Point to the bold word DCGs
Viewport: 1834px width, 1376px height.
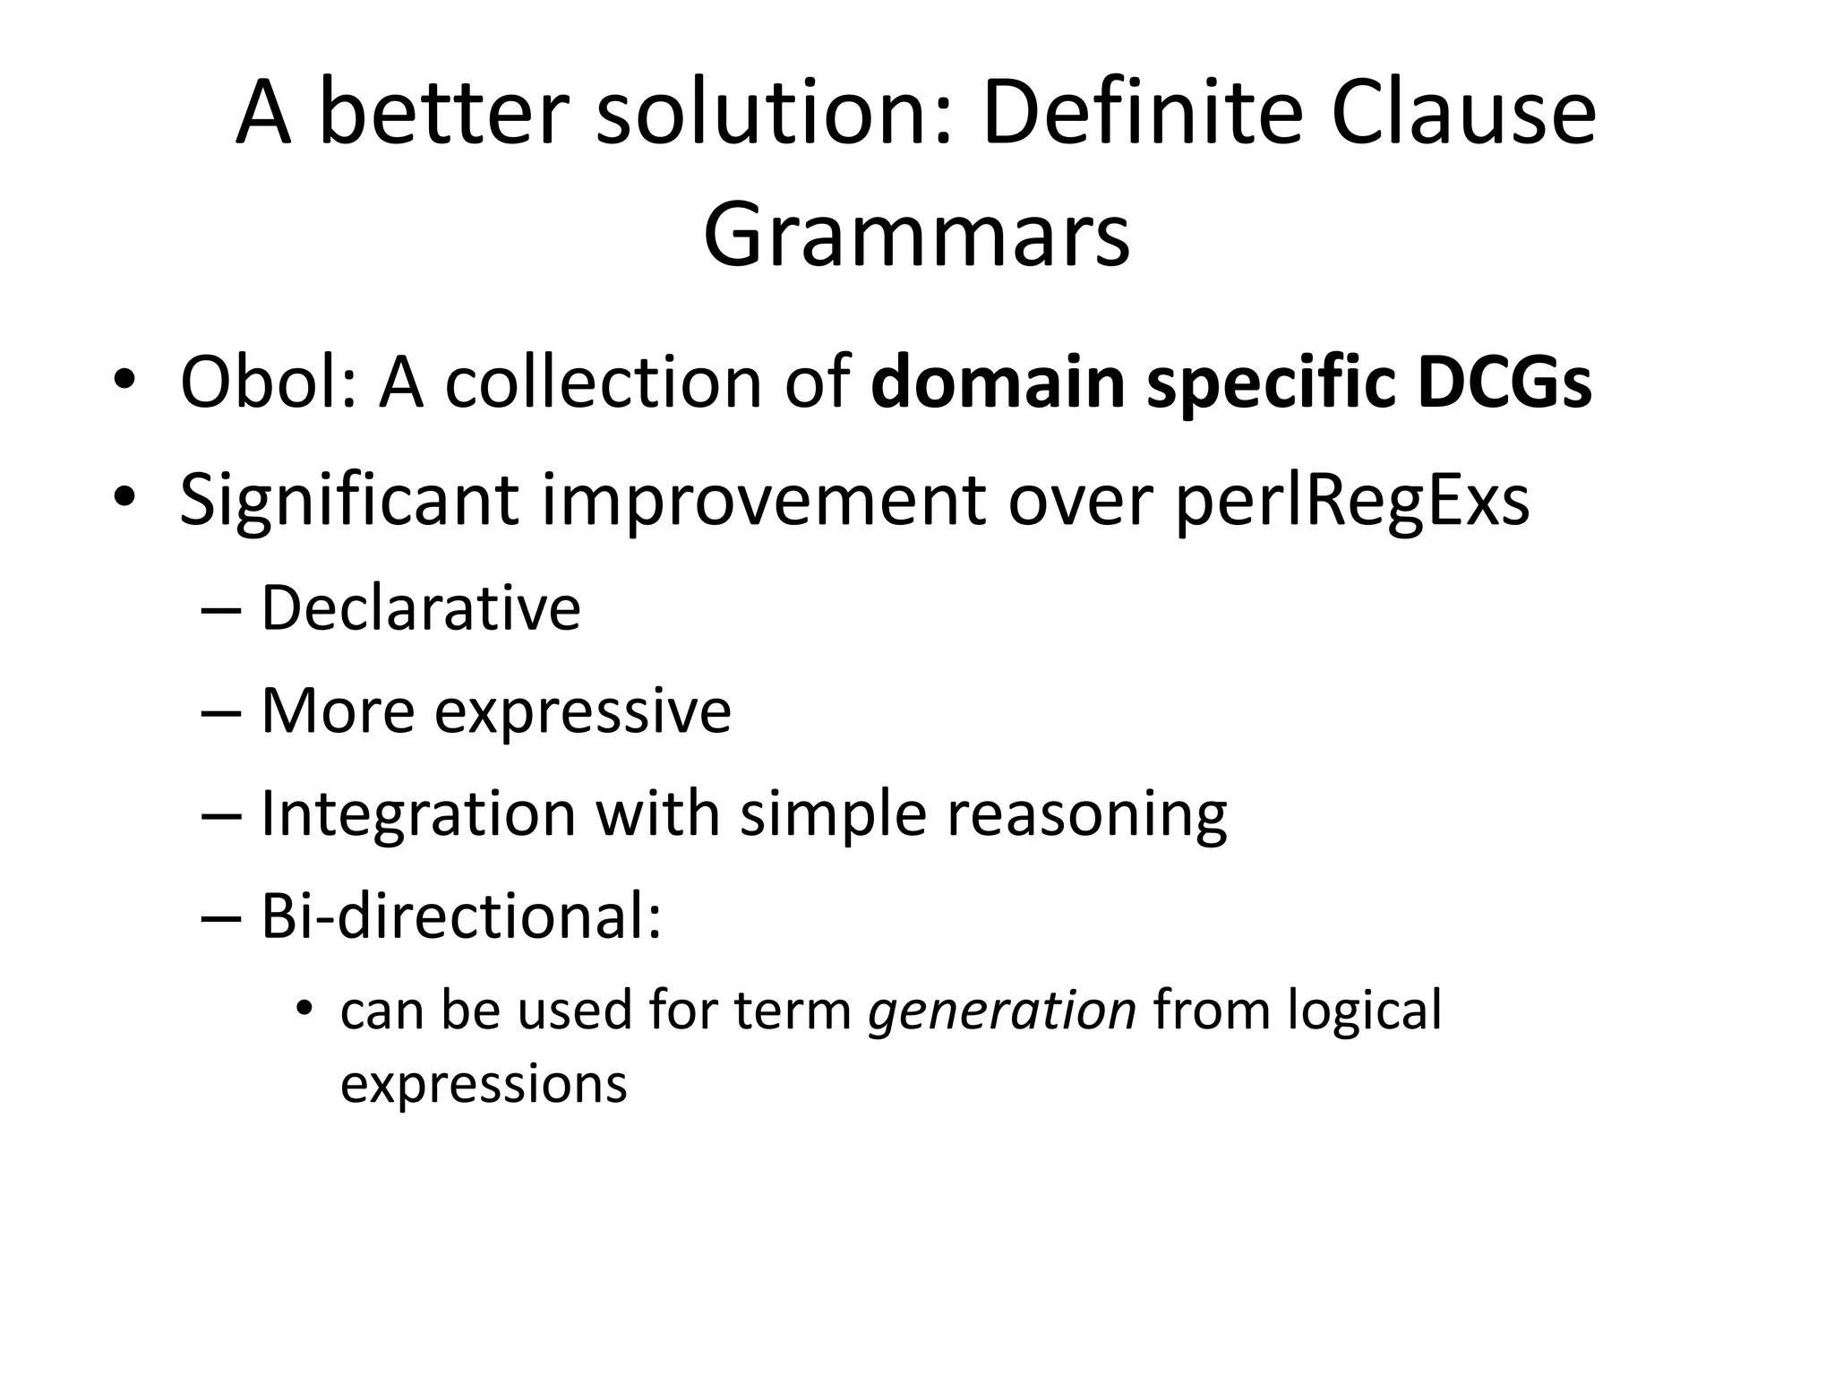click(1504, 383)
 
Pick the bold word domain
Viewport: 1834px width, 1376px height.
click(997, 383)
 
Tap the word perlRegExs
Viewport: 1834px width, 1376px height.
click(1351, 500)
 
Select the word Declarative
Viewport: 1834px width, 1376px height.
click(420, 608)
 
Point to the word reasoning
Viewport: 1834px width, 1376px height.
click(1086, 815)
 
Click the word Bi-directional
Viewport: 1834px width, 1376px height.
click(460, 917)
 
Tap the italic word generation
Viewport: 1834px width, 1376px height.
click(1002, 1010)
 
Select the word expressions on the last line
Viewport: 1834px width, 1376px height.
click(484, 1085)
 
